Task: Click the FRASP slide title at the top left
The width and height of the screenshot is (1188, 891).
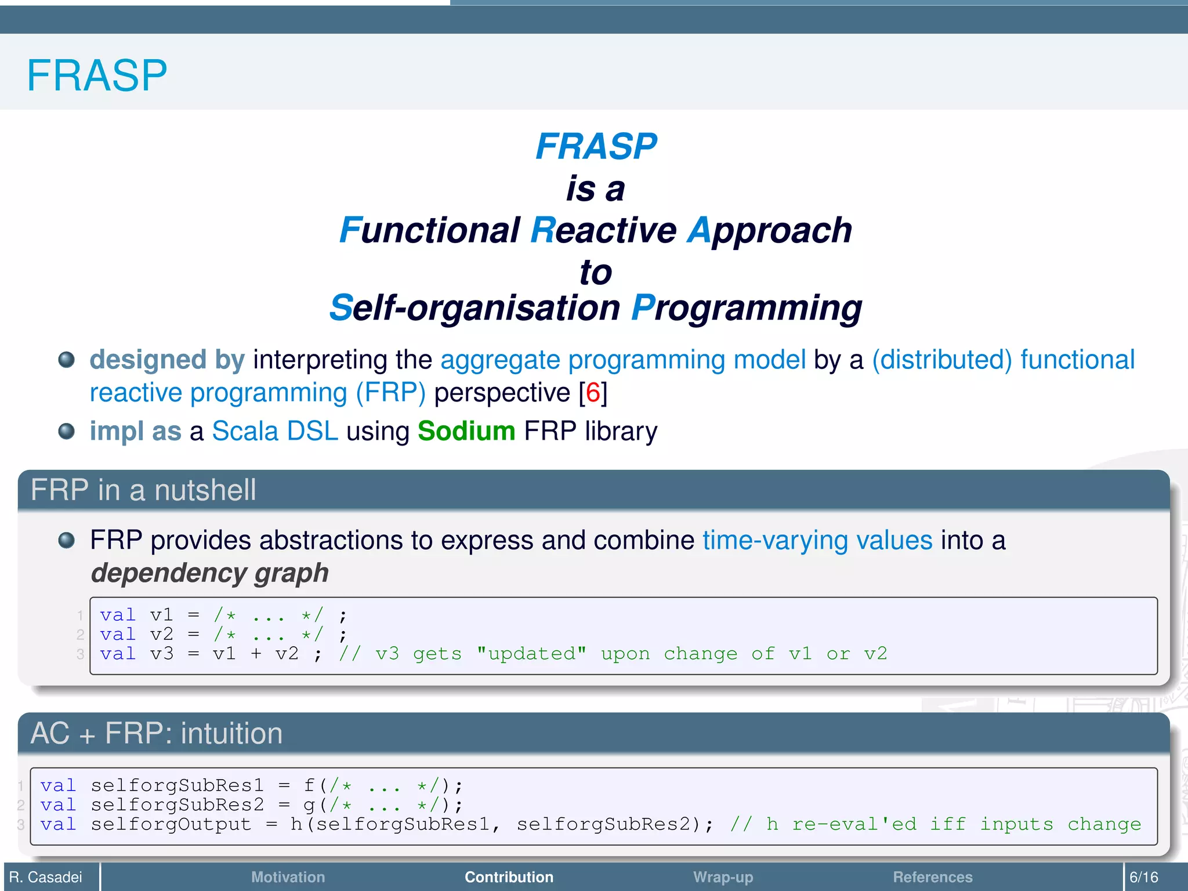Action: (97, 75)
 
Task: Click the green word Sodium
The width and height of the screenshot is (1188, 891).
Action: (466, 431)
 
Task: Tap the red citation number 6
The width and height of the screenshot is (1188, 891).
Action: (593, 393)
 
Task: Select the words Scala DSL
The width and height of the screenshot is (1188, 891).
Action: (275, 431)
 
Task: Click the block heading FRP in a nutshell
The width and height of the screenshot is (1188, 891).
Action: (143, 490)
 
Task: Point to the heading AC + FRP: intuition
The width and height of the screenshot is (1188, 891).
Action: (157, 733)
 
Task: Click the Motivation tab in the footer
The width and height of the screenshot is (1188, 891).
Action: (288, 877)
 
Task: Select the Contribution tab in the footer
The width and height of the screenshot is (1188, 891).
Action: (509, 877)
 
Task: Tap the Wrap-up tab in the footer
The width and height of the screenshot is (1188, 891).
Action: (723, 877)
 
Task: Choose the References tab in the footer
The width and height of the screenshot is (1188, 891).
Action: (932, 877)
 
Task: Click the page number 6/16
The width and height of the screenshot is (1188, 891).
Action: (1143, 877)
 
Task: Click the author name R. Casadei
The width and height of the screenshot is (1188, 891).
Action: (46, 877)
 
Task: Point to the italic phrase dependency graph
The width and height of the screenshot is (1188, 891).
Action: (210, 573)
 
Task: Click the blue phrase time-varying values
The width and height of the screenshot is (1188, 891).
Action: (817, 541)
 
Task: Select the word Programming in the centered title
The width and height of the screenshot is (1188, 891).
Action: (747, 308)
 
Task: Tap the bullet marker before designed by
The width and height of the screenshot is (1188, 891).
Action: (67, 360)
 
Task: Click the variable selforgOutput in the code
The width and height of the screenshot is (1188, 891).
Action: (171, 824)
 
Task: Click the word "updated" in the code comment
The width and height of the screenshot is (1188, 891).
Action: (531, 654)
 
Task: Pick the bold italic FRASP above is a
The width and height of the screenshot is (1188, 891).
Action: (596, 146)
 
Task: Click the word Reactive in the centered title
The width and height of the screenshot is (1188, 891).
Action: (603, 230)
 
